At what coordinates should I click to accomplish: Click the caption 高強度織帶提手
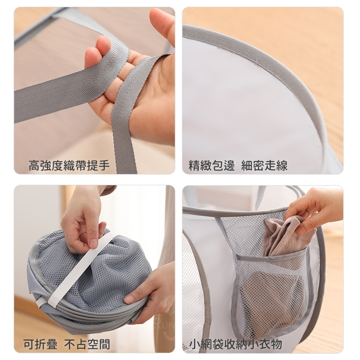pos(69,165)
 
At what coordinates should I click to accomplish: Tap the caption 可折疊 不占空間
pos(67,344)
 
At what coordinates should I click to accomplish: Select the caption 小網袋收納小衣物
pos(235,344)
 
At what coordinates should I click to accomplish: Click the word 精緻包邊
pos(211,165)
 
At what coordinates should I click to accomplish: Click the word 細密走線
pos(264,165)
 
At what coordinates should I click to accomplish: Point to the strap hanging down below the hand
pos(125,133)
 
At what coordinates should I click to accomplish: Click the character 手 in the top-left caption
pos(104,165)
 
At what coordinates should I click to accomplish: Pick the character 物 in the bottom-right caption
pos(276,344)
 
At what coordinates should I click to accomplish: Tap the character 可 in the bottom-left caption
pos(29,344)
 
